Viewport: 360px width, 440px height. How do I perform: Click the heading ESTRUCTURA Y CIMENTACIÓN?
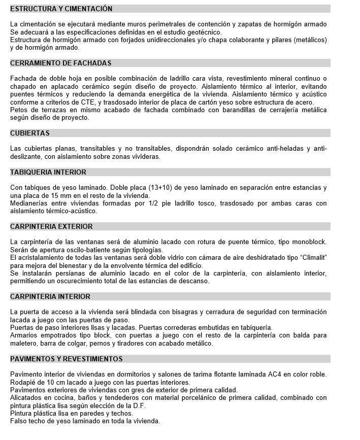[x=61, y=9]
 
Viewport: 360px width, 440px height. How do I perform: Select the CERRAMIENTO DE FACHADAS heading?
[x=61, y=63]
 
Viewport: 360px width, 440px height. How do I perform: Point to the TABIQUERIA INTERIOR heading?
[x=48, y=172]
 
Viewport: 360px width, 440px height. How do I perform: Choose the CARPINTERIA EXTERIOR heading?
[x=51, y=226]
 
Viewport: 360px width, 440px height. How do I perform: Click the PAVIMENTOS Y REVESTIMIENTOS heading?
[x=67, y=359]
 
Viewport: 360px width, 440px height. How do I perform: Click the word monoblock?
[x=309, y=242]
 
